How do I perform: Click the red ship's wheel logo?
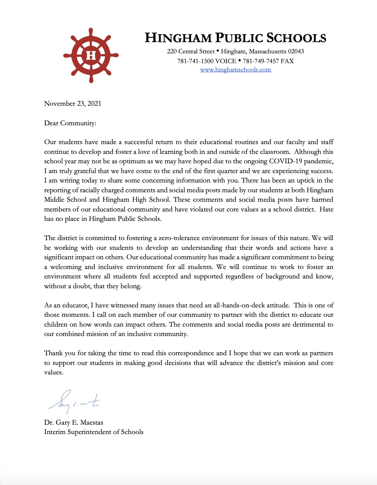pos(91,55)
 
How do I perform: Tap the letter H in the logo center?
pos(91,55)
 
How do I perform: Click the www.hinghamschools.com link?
pos(235,70)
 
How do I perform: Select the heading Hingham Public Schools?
pos(235,38)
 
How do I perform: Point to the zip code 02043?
pos(296,52)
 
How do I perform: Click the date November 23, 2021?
pos(73,104)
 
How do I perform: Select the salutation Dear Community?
pos(70,123)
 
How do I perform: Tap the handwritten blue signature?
pos(75,401)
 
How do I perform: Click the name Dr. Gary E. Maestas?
pos(74,423)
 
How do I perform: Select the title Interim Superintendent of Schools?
pos(94,432)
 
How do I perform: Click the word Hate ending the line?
pos(326,209)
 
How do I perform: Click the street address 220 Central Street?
pos(191,52)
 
